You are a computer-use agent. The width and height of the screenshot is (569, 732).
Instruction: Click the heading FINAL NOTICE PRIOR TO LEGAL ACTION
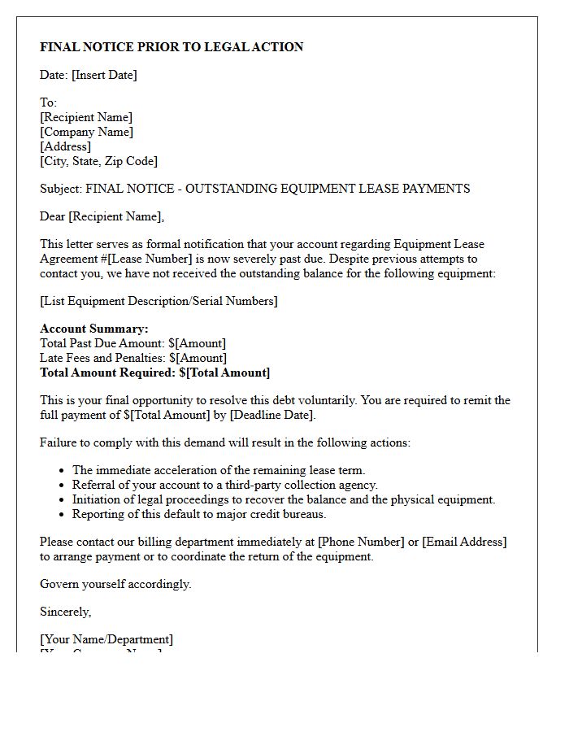pos(172,47)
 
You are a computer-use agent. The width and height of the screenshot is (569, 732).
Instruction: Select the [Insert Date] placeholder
pos(104,75)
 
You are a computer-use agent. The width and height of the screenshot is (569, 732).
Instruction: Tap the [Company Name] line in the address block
pos(86,132)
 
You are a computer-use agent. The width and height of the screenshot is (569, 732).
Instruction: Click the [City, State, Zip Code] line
pos(98,161)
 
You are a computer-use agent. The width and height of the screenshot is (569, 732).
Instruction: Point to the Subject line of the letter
pos(254,189)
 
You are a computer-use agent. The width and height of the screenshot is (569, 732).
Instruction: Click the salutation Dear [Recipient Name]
pos(102,216)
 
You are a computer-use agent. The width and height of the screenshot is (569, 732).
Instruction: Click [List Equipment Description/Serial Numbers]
pos(159,301)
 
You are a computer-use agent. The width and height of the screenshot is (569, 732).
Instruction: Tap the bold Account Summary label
pos(94,329)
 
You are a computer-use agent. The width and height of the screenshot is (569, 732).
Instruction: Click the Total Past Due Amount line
pos(132,343)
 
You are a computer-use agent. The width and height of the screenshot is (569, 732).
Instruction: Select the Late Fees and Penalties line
pos(132,358)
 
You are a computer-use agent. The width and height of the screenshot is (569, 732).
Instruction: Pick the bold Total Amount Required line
pos(154,373)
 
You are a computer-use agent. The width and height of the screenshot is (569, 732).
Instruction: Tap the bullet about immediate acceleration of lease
pos(219,470)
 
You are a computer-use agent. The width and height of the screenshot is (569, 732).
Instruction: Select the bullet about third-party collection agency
pos(225,485)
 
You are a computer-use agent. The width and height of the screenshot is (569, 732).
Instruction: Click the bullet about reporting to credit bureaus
pos(199,514)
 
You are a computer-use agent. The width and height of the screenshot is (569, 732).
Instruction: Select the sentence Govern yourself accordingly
pos(115,584)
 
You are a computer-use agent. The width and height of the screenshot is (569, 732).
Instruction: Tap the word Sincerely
pos(65,612)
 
